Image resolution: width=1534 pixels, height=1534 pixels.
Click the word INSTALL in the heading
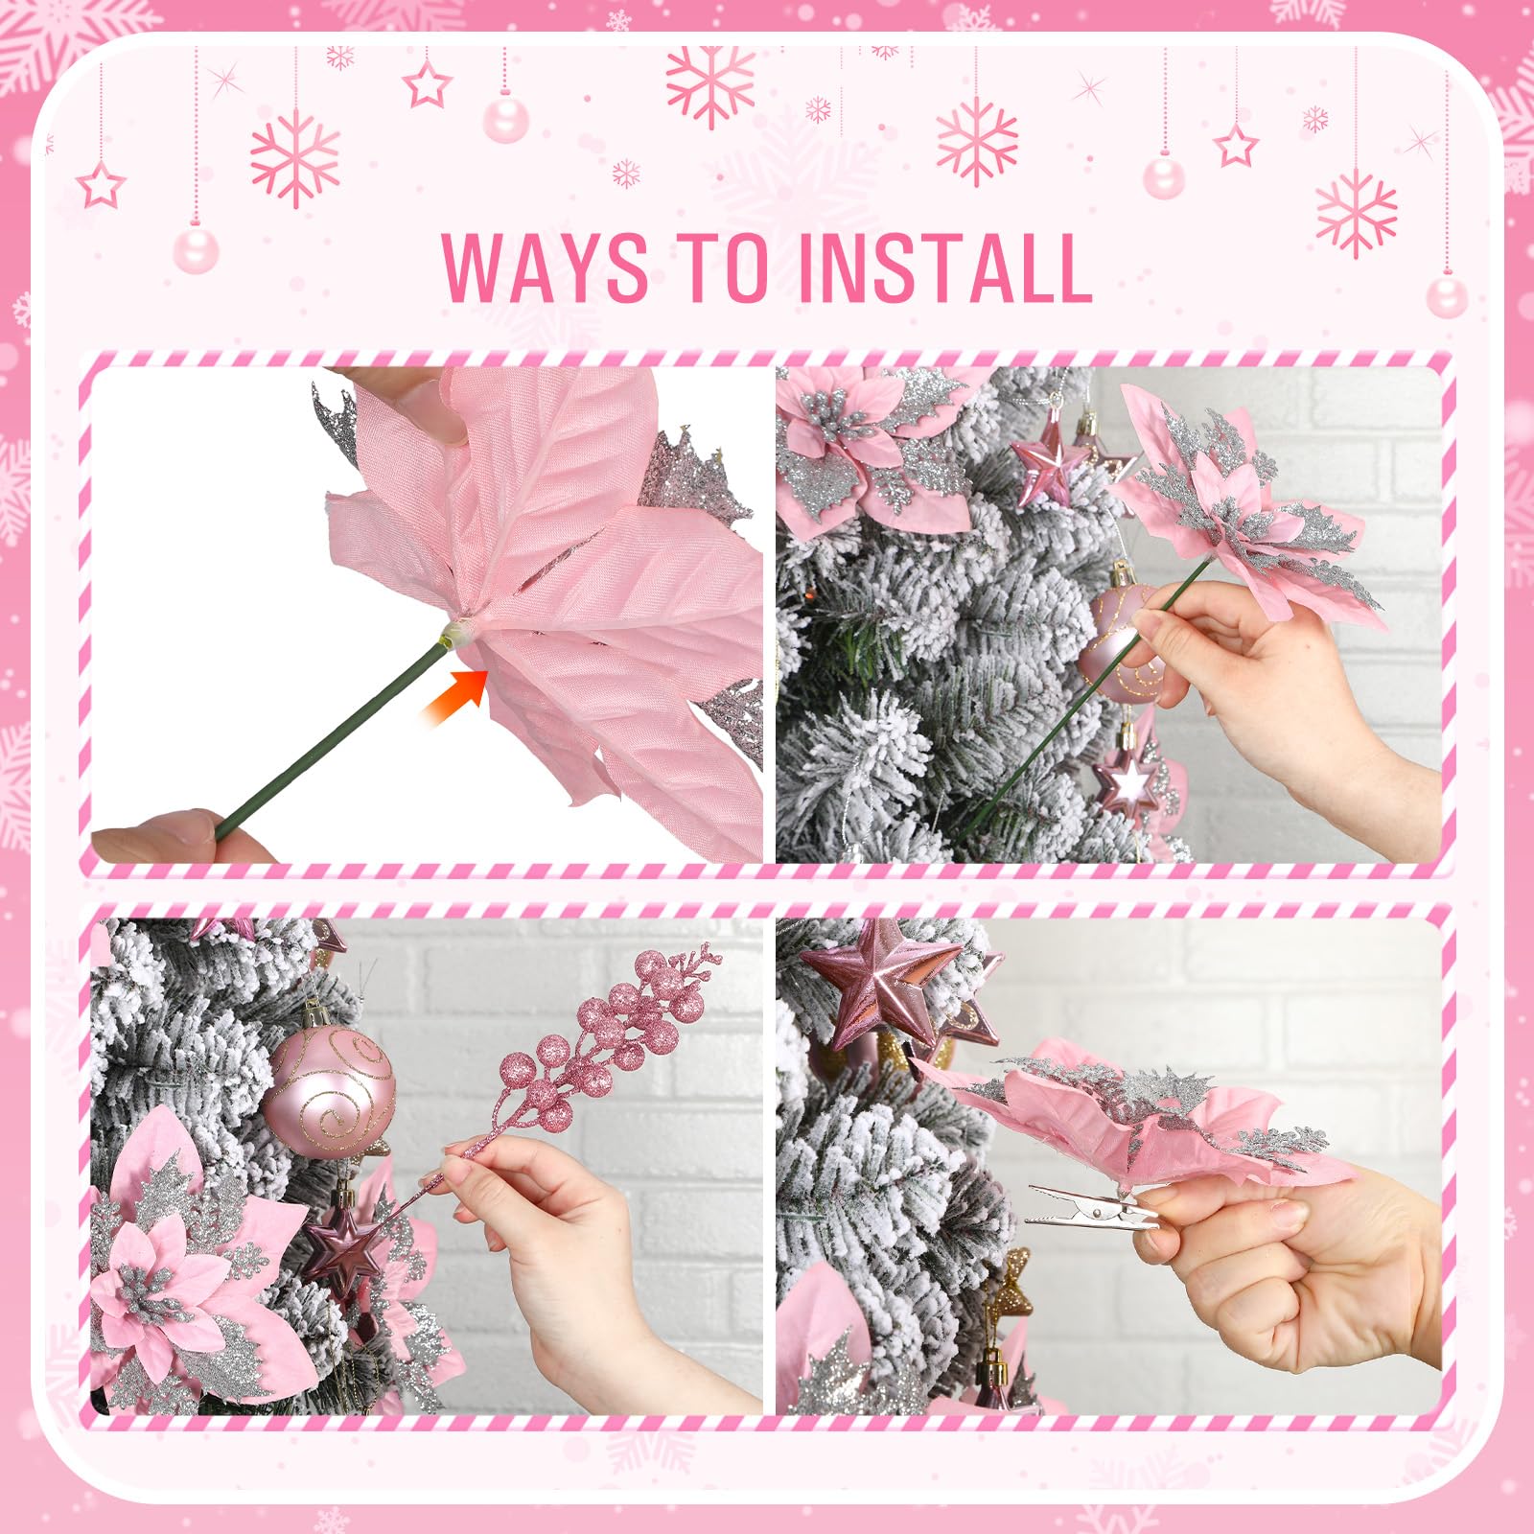pos(943,267)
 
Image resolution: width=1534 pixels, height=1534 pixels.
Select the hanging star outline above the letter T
pos(427,84)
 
